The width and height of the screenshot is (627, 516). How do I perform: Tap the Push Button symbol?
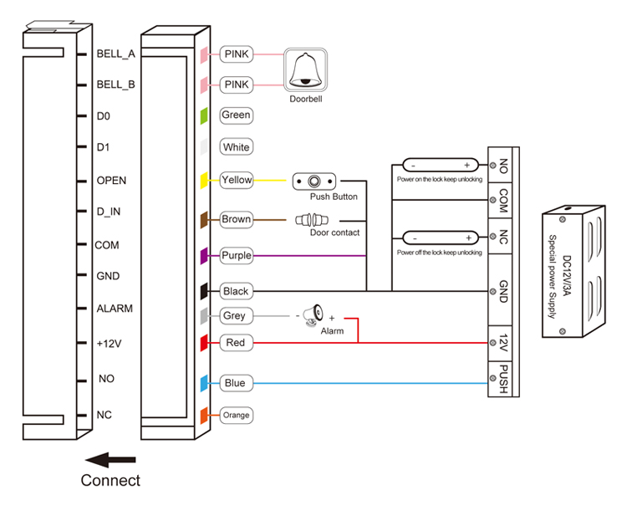314,181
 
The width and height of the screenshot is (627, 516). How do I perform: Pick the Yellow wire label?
237,179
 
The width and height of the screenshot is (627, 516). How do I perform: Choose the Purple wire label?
237,256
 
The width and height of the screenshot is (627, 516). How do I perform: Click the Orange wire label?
236,415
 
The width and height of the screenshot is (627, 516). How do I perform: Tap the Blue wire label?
235,383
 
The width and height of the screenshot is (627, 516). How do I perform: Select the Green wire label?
236,115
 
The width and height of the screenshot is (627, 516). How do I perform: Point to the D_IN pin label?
109,212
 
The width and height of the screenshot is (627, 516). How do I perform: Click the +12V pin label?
110,343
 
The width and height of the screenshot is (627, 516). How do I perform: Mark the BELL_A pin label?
115,54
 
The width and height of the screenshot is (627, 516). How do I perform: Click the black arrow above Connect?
110,459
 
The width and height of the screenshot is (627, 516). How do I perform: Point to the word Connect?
110,481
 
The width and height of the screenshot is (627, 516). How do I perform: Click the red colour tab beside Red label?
203,343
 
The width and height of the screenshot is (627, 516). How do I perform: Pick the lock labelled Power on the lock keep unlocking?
438,166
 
